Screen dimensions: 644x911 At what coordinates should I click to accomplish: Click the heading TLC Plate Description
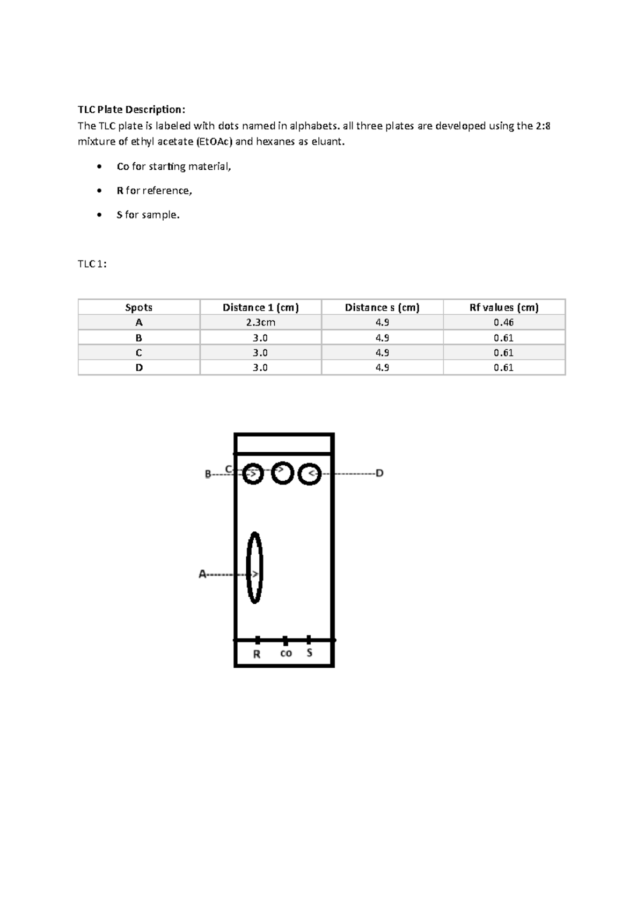(131, 110)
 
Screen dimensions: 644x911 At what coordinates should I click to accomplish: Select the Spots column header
(138, 307)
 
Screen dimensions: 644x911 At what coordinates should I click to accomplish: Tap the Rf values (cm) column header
(503, 307)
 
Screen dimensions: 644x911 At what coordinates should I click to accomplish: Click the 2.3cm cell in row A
(260, 322)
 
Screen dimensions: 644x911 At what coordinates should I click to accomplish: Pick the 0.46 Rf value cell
(503, 322)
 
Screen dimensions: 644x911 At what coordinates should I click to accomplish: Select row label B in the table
(138, 338)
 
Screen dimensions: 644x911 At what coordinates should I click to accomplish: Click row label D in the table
(138, 367)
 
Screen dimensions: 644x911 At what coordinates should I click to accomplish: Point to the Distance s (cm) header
(382, 307)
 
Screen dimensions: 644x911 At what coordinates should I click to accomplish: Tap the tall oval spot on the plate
(254, 568)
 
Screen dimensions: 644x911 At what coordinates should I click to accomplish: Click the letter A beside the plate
(202, 574)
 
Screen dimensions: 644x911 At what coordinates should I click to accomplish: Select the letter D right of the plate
(379, 473)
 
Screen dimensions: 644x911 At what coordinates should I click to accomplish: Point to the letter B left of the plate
(208, 474)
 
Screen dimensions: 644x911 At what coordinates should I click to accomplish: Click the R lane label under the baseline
(257, 654)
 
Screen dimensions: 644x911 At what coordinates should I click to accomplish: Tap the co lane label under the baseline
(286, 653)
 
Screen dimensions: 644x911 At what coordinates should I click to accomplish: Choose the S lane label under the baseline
(310, 653)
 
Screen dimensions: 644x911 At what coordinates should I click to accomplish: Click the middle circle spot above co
(282, 473)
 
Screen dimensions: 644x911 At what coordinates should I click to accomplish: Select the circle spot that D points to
(309, 474)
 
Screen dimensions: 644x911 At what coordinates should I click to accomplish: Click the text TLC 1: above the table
(92, 264)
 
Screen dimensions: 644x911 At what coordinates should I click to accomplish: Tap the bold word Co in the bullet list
(122, 167)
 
